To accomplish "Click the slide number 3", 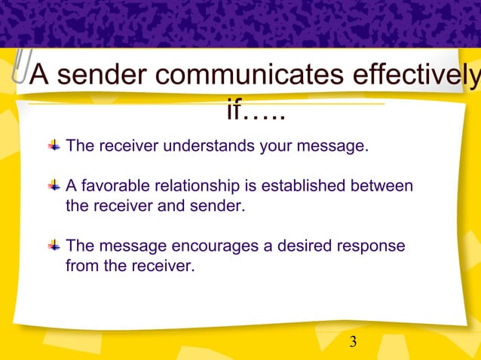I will (353, 343).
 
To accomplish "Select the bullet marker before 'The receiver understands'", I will (54, 145).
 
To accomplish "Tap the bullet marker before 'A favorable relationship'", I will (54, 185).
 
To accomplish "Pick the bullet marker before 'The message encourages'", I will (54, 246).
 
